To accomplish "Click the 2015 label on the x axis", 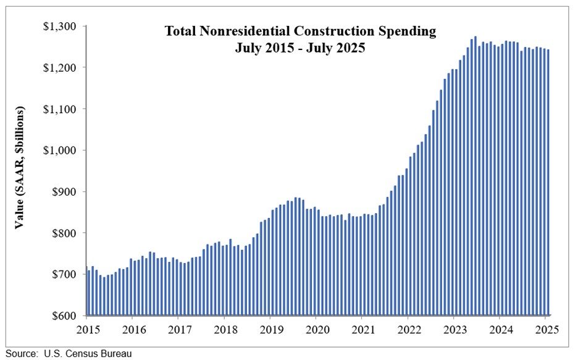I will [x=86, y=329].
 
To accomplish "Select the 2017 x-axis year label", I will [x=178, y=329].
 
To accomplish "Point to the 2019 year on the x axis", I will [x=270, y=329].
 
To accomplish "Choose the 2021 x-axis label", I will [x=362, y=329].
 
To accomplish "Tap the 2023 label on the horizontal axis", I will [x=454, y=329].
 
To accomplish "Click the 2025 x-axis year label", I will [x=547, y=329].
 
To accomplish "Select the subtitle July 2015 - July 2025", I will [x=300, y=48].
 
